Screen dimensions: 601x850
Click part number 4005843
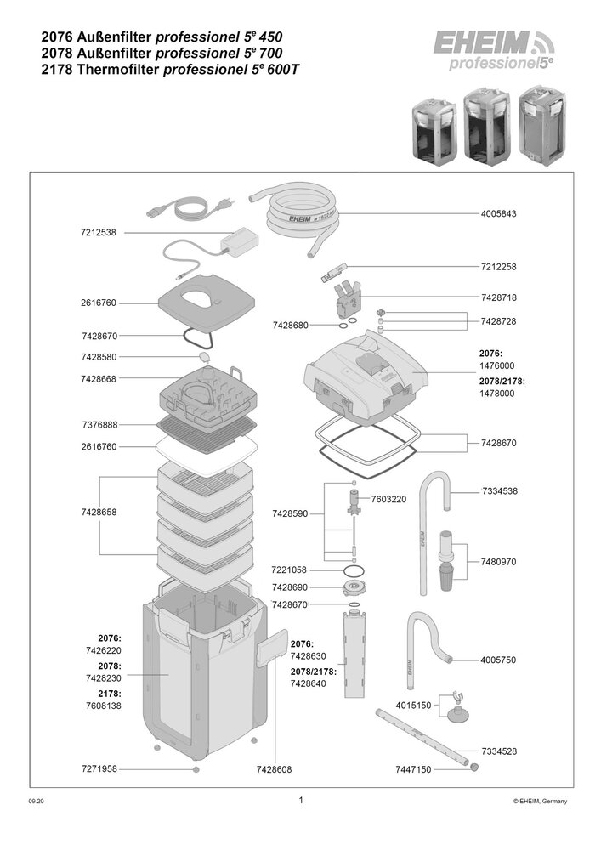pyautogui.click(x=499, y=213)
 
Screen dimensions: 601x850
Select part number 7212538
pyautogui.click(x=98, y=233)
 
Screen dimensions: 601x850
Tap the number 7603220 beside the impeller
pyautogui.click(x=388, y=499)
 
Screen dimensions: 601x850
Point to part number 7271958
pyautogui.click(x=99, y=768)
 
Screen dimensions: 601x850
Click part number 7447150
pyautogui.click(x=413, y=769)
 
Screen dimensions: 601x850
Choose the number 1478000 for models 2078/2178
pyautogui.click(x=497, y=394)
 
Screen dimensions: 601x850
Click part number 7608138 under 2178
pyautogui.click(x=104, y=705)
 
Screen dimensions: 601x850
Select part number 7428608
pyautogui.click(x=275, y=769)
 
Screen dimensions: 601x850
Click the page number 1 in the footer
pyautogui.click(x=301, y=800)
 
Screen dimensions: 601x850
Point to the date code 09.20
pyautogui.click(x=37, y=802)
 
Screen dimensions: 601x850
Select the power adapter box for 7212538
pyautogui.click(x=239, y=239)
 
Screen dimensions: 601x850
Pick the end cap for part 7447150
pyautogui.click(x=475, y=767)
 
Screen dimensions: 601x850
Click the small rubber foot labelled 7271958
pyautogui.click(x=196, y=768)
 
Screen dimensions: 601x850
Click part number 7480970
pyautogui.click(x=499, y=562)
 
